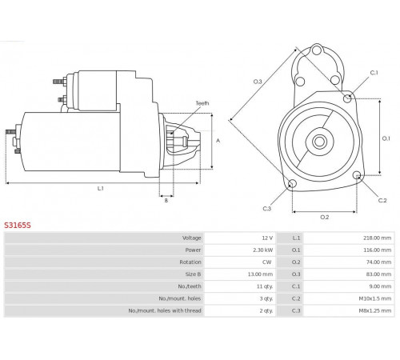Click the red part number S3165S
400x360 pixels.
coord(18,226)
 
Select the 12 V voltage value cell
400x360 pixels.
coord(267,238)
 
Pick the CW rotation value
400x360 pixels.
coord(266,262)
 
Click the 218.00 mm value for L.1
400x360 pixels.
coord(377,238)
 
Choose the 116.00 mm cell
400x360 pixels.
coord(377,250)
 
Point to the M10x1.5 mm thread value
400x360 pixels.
coord(375,298)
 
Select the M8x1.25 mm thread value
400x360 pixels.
coord(375,310)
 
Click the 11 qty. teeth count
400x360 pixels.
coord(265,286)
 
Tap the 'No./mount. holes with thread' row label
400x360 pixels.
coord(165,310)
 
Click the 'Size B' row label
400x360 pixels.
coord(193,274)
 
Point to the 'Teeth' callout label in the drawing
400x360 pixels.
coord(202,103)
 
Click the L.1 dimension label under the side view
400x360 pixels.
coord(100,189)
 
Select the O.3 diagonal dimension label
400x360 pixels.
coord(258,82)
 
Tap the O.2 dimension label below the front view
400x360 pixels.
coord(325,217)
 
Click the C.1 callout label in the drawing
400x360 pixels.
coord(374,73)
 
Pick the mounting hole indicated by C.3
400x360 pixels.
coord(292,184)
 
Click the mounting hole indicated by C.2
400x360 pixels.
coord(357,175)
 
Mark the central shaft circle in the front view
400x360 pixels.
coord(319,142)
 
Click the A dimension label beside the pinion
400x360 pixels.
coord(218,141)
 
